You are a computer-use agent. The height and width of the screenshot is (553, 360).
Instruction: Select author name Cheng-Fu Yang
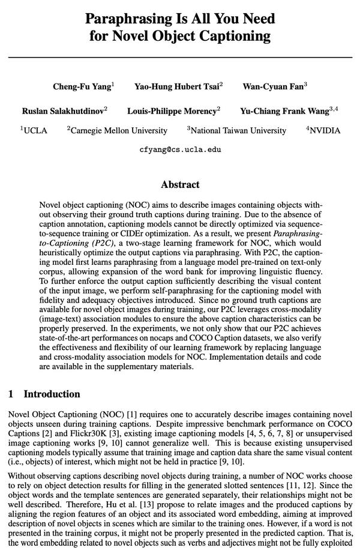(x=82, y=86)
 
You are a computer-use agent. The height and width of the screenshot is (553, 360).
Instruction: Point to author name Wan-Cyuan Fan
(x=273, y=86)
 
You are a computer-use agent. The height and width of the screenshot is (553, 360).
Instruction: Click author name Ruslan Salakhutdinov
(x=63, y=111)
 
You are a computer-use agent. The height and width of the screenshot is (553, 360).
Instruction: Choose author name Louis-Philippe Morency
(x=172, y=111)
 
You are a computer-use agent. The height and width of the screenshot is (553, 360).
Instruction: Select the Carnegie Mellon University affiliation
(x=119, y=130)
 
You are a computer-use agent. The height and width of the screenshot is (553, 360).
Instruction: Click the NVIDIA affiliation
(x=325, y=130)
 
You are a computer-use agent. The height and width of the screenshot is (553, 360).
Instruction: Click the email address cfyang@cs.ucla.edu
(x=180, y=150)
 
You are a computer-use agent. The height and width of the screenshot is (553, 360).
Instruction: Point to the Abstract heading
(x=180, y=184)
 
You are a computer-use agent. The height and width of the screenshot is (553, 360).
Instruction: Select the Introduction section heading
(x=52, y=394)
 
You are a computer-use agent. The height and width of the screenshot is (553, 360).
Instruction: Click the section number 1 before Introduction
(x=11, y=394)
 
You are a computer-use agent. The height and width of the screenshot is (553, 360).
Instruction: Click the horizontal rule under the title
(x=180, y=57)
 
